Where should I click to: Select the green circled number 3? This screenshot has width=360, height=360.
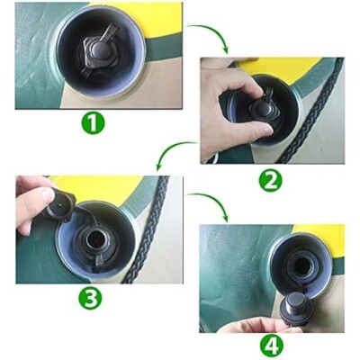pos(90,299)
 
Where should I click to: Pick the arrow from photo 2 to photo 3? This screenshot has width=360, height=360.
pos(174,151)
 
